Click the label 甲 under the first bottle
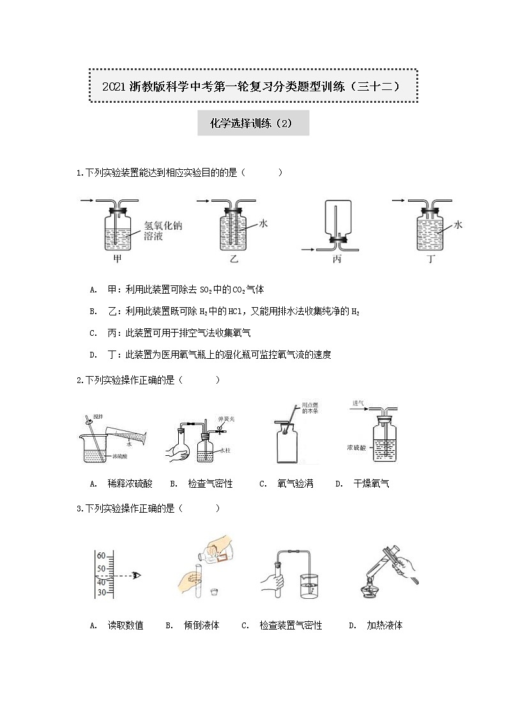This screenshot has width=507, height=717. coord(117,260)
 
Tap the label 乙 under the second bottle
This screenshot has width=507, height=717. coord(234,260)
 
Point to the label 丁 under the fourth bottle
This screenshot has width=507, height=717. coord(430,260)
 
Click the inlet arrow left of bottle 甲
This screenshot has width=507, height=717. coord(87,200)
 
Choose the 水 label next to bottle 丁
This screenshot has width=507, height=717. coord(458,225)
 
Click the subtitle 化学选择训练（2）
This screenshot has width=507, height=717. coord(253,123)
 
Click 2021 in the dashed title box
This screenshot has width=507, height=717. coord(115,86)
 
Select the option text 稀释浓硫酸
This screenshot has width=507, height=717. coord(130,483)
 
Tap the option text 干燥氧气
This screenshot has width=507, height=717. coord(371,483)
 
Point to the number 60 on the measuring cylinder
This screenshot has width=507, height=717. coord(101,556)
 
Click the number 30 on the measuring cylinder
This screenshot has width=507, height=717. coord(101,592)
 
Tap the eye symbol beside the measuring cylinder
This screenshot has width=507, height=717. coord(136,575)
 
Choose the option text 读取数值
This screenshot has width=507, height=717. coord(125,625)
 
